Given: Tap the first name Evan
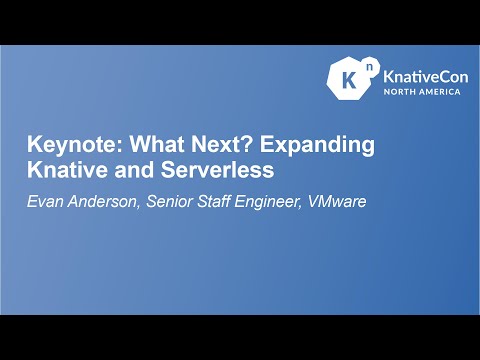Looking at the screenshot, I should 45,200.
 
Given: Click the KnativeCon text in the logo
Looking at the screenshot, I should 421,74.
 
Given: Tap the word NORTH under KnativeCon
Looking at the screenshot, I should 404,91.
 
